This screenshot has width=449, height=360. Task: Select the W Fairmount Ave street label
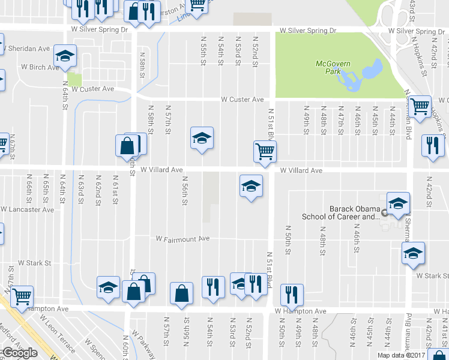(182, 239)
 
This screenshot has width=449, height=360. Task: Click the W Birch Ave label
(40, 67)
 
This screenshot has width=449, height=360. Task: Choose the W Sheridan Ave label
(28, 49)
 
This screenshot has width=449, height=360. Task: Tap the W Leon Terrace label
(58, 338)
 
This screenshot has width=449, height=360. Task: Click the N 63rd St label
(80, 190)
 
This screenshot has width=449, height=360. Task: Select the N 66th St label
(29, 190)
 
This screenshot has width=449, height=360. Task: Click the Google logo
(19, 353)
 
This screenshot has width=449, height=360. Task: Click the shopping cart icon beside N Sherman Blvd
(420, 106)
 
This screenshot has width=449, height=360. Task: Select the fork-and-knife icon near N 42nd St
(431, 145)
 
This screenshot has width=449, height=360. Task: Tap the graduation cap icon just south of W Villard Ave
(251, 185)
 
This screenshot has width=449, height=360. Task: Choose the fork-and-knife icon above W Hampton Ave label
(292, 294)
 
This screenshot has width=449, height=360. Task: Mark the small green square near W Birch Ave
(74, 79)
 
